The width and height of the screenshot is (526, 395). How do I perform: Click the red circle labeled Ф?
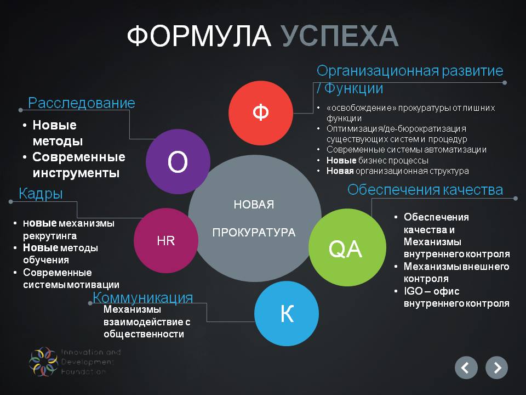[261, 113]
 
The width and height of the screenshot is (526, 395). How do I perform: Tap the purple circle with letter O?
[178, 161]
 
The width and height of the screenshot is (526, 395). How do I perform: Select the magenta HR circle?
[166, 240]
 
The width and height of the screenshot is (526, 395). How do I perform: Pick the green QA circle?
[347, 247]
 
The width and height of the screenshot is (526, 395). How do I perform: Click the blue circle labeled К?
[287, 313]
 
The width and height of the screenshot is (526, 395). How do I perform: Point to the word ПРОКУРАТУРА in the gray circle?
[254, 233]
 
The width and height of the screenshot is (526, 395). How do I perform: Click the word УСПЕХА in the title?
[340, 36]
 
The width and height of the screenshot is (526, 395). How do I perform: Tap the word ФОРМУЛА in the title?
[199, 36]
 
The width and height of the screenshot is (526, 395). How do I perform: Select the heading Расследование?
[82, 103]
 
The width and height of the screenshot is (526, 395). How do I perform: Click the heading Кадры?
[41, 194]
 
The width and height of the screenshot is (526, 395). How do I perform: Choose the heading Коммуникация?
[143, 297]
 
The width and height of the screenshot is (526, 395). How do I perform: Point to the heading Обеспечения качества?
[425, 190]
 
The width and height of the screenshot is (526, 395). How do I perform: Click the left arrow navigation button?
[466, 368]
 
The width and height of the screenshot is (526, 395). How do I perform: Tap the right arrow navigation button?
[497, 368]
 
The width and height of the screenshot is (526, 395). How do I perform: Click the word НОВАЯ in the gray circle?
[254, 204]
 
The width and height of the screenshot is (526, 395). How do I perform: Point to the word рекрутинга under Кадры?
[50, 236]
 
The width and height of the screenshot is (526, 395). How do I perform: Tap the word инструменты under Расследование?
[76, 173]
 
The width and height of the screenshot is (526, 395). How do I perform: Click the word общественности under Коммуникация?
[144, 334]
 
